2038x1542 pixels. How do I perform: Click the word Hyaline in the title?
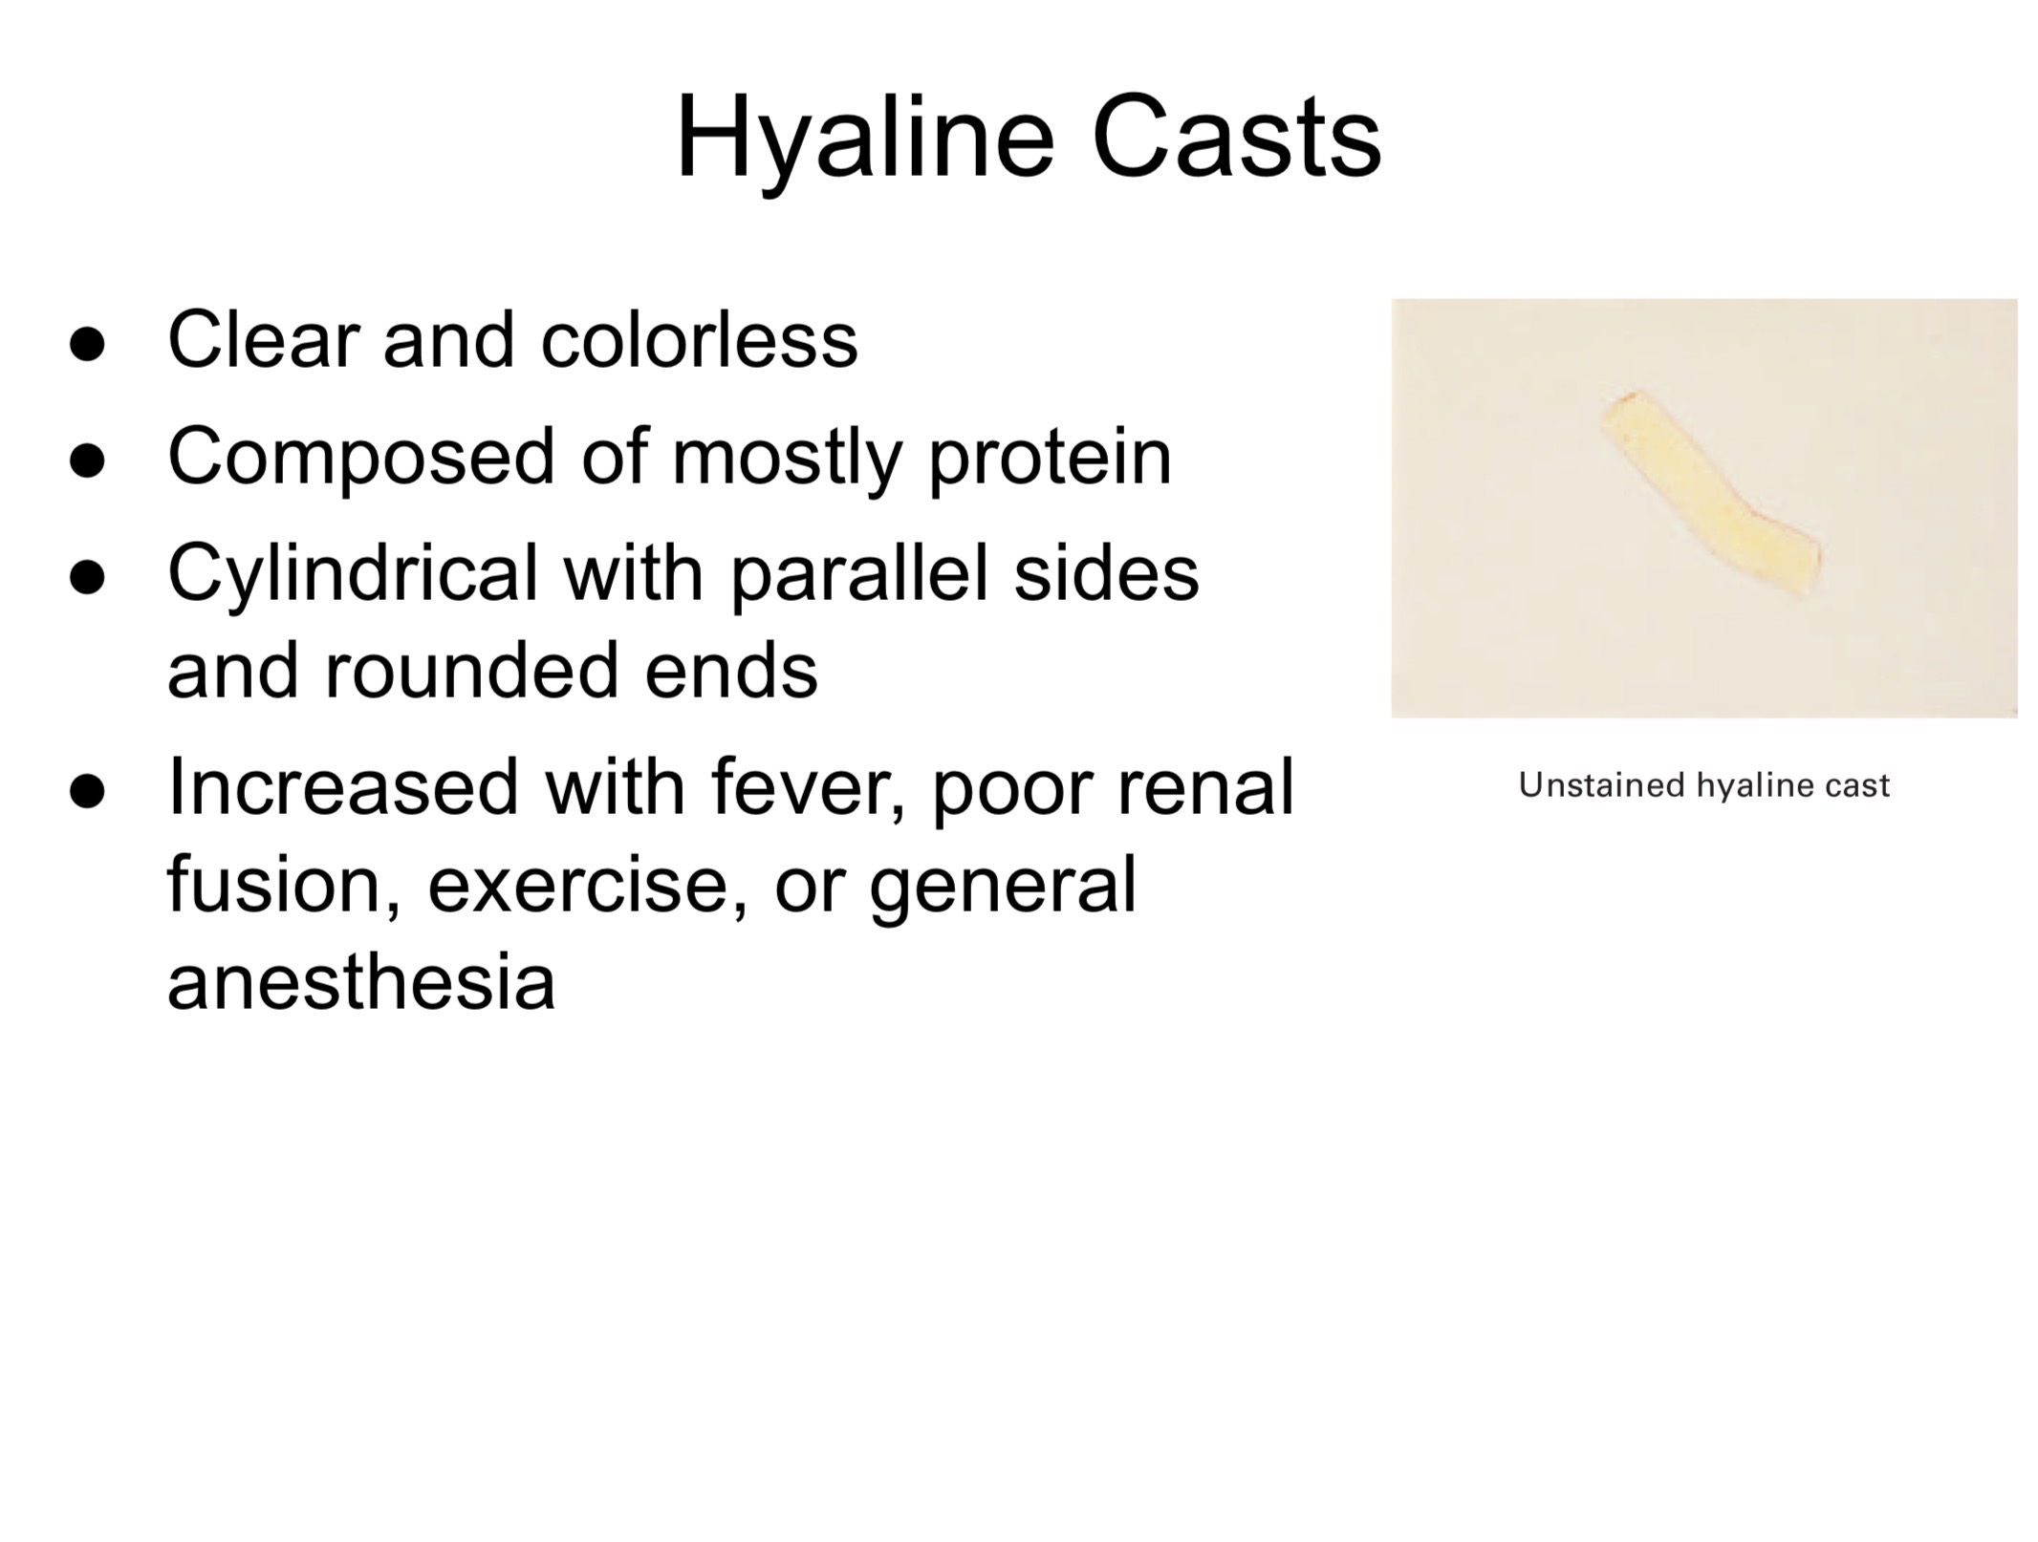tap(865, 140)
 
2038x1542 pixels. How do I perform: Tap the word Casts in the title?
tap(1237, 137)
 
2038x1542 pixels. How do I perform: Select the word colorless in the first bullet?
tap(699, 340)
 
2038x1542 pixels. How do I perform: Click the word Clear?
tap(264, 340)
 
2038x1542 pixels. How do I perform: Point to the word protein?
tap(1050, 460)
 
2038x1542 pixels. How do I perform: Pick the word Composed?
tap(361, 460)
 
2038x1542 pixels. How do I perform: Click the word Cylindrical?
tap(353, 576)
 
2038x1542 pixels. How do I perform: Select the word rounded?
tap(472, 671)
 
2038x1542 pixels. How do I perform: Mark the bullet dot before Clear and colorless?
tap(87, 345)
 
